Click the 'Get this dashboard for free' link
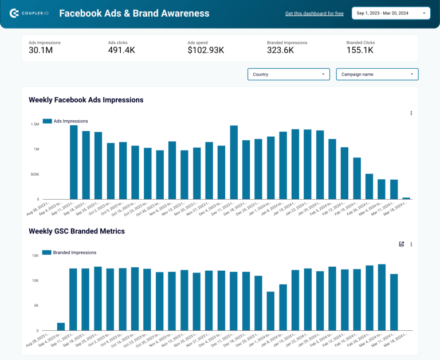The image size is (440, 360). [314, 13]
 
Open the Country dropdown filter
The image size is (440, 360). [288, 74]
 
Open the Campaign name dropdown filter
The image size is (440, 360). [377, 74]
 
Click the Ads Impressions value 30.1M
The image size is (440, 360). [41, 50]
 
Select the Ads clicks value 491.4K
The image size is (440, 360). [121, 50]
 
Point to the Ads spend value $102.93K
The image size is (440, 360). [206, 50]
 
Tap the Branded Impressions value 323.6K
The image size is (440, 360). [280, 50]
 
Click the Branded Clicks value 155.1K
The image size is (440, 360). [360, 50]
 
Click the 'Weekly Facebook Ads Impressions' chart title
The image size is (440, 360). [86, 100]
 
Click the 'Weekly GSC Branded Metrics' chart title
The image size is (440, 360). [77, 231]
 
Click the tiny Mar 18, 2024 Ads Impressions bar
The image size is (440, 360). [406, 198]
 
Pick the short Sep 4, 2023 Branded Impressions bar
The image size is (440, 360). [61, 327]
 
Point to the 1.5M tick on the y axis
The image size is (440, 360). [34, 124]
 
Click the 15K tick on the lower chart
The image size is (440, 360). [35, 255]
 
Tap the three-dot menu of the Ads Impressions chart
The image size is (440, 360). [411, 113]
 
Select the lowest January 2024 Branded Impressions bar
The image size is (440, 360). [270, 311]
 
